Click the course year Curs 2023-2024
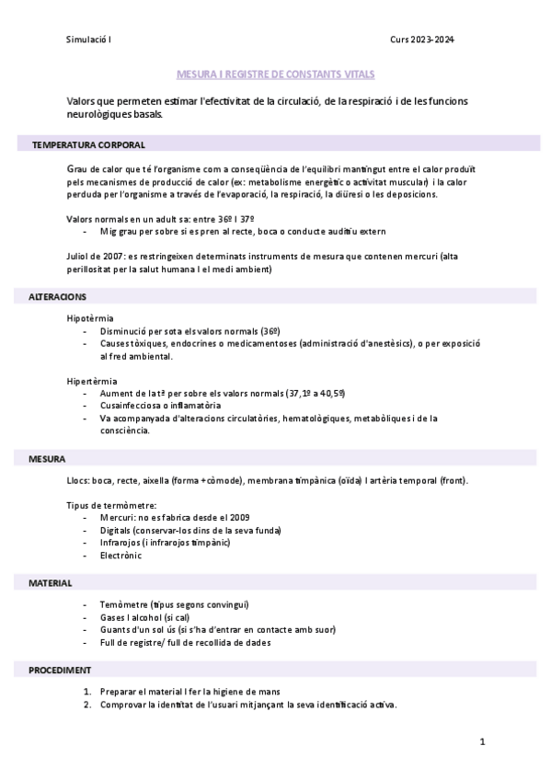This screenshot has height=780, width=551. point(422,40)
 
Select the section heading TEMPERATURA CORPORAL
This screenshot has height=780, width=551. point(88,144)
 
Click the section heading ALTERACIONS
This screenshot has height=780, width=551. point(58,297)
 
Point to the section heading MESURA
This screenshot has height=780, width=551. point(47,457)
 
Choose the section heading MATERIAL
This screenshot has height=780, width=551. point(51,583)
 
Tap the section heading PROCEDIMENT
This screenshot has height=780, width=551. point(60,669)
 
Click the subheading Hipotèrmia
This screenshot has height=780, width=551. point(90,317)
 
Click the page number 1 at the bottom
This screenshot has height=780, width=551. point(481,740)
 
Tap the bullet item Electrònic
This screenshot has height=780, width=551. point(122,556)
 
